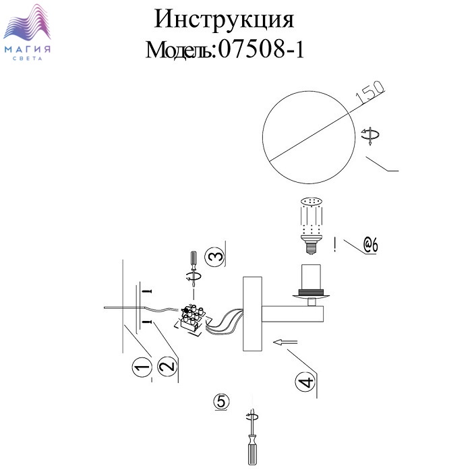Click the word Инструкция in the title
point(224,20)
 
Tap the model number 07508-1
point(261,49)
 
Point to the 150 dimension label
point(370,92)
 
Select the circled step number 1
point(142,367)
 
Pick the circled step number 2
point(168,365)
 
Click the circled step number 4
point(305,382)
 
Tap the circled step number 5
point(221,402)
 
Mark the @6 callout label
point(370,245)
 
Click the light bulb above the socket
point(312,225)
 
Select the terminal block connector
point(191,319)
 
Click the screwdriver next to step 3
point(194,269)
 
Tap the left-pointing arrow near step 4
point(285,343)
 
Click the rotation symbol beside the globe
point(370,136)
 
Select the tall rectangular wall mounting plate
point(252,314)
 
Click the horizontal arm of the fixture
point(293,314)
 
